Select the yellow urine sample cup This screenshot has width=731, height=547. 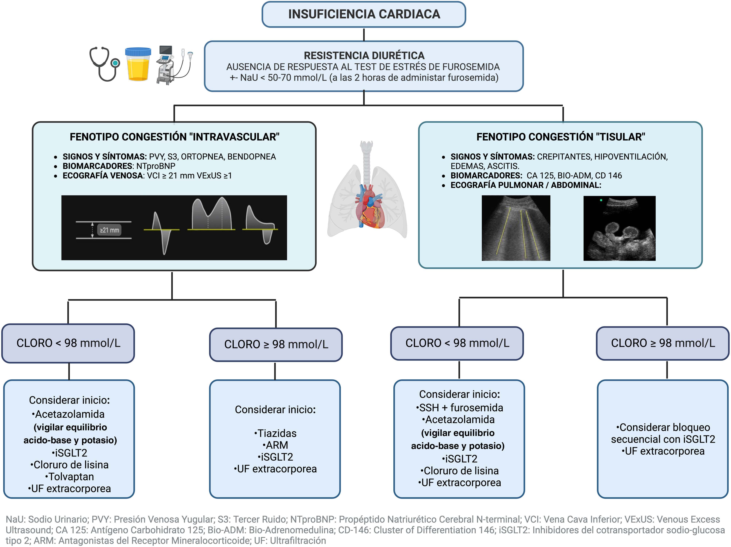point(138,64)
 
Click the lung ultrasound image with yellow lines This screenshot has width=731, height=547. point(516,228)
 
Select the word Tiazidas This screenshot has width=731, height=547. point(275,433)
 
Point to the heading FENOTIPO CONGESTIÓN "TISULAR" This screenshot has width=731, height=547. point(561,137)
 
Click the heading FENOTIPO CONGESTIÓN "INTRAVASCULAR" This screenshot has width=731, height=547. point(174,137)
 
